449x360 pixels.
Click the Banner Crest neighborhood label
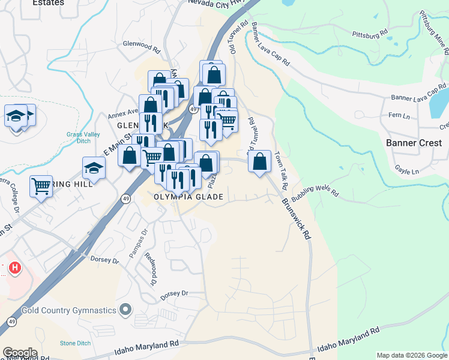[414, 143]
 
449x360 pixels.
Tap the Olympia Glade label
[188, 197]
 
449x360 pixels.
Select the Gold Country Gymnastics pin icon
[125, 310]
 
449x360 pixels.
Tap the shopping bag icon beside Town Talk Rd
[259, 161]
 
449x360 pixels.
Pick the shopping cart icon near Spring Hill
[41, 185]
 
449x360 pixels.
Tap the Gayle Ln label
[407, 172]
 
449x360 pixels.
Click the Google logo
[19, 353]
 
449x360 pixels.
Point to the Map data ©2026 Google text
[411, 355]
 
